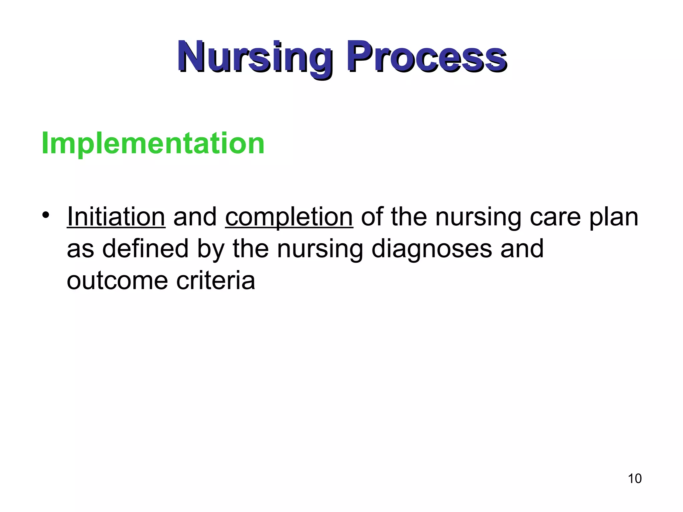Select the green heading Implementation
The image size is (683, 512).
pyautogui.click(x=153, y=143)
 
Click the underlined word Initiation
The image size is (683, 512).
pyautogui.click(x=116, y=217)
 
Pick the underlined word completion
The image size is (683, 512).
pyautogui.click(x=289, y=217)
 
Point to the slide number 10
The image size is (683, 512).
pyautogui.click(x=635, y=479)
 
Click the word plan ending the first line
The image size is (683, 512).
pyautogui.click(x=614, y=217)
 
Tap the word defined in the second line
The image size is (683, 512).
pyautogui.click(x=145, y=249)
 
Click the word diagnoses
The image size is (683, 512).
pyautogui.click(x=432, y=249)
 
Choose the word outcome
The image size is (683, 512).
pyautogui.click(x=117, y=281)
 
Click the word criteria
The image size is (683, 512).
pyautogui.click(x=216, y=281)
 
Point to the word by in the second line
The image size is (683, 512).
pyautogui.click(x=210, y=249)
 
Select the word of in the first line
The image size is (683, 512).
pyautogui.click(x=372, y=217)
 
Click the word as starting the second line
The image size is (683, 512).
pyautogui.click(x=80, y=249)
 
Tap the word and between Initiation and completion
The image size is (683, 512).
pyautogui.click(x=195, y=217)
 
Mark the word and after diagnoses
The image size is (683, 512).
pyautogui.click(x=522, y=249)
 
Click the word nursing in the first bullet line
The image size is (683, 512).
pyautogui.click(x=478, y=217)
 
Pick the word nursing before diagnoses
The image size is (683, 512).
pyautogui.click(x=320, y=249)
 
